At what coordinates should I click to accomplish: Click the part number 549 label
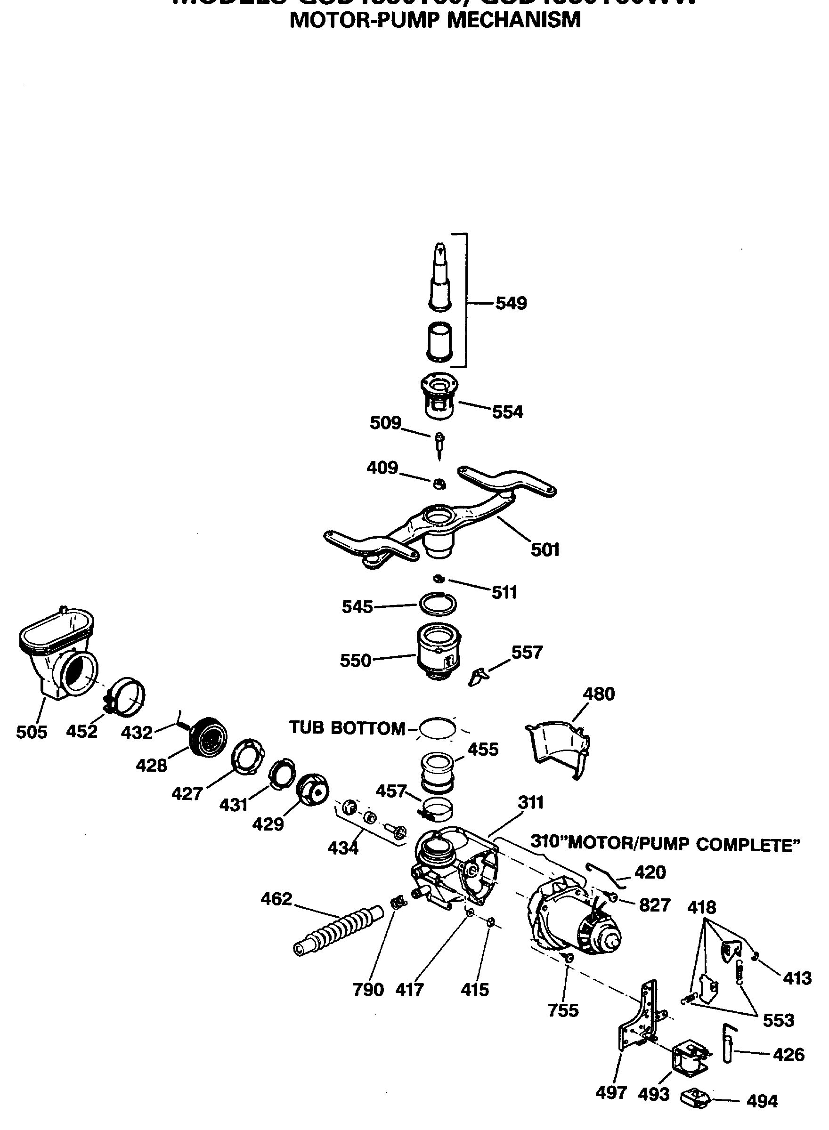point(511,303)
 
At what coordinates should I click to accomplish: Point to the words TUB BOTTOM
point(347,728)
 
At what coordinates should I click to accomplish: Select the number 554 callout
point(507,412)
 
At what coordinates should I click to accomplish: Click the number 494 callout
point(762,1101)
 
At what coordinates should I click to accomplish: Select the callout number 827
point(655,905)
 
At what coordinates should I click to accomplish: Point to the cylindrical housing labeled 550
point(438,653)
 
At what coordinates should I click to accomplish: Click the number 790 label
point(368,990)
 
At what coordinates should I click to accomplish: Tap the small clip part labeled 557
point(477,676)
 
